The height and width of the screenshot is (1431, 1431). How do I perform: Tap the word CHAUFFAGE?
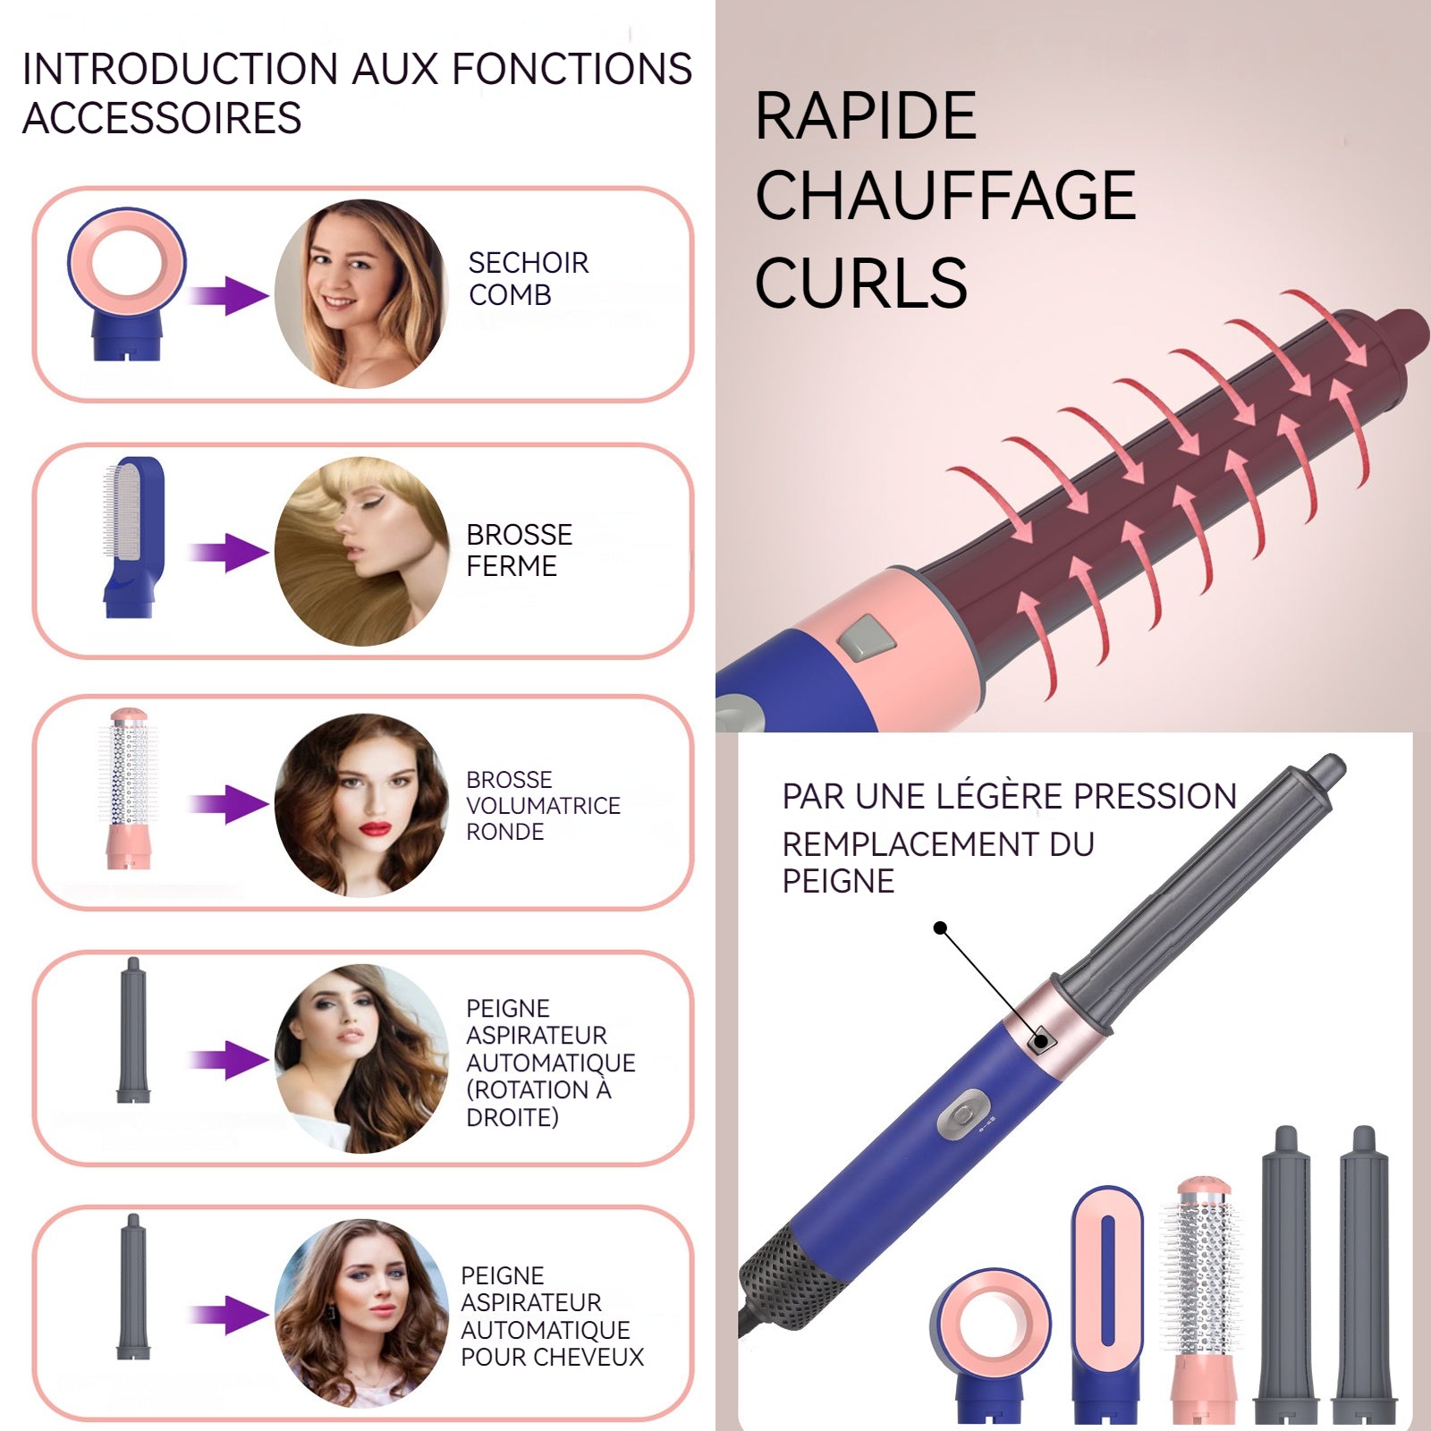(x=945, y=196)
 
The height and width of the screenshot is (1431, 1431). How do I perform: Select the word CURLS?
(x=861, y=283)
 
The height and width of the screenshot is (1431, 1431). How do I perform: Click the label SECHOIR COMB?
(x=529, y=278)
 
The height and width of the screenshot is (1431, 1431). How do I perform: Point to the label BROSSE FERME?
(x=520, y=550)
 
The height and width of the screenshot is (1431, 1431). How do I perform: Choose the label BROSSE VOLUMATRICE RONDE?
(x=543, y=805)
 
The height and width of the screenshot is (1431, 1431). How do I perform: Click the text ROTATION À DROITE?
(x=538, y=1103)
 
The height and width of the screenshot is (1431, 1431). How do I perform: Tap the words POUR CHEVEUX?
(x=552, y=1357)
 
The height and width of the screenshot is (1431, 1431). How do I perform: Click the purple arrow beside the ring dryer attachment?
(x=229, y=295)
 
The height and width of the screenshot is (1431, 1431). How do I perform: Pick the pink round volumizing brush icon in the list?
(x=130, y=789)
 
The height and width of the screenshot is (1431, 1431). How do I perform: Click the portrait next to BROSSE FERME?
(x=361, y=551)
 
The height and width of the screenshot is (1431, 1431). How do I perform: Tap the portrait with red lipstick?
(x=361, y=805)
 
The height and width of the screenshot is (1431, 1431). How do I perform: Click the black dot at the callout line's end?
(x=940, y=928)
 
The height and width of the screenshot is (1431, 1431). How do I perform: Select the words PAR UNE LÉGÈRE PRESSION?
(x=1009, y=796)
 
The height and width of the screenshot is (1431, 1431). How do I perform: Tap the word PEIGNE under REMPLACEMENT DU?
(x=838, y=882)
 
